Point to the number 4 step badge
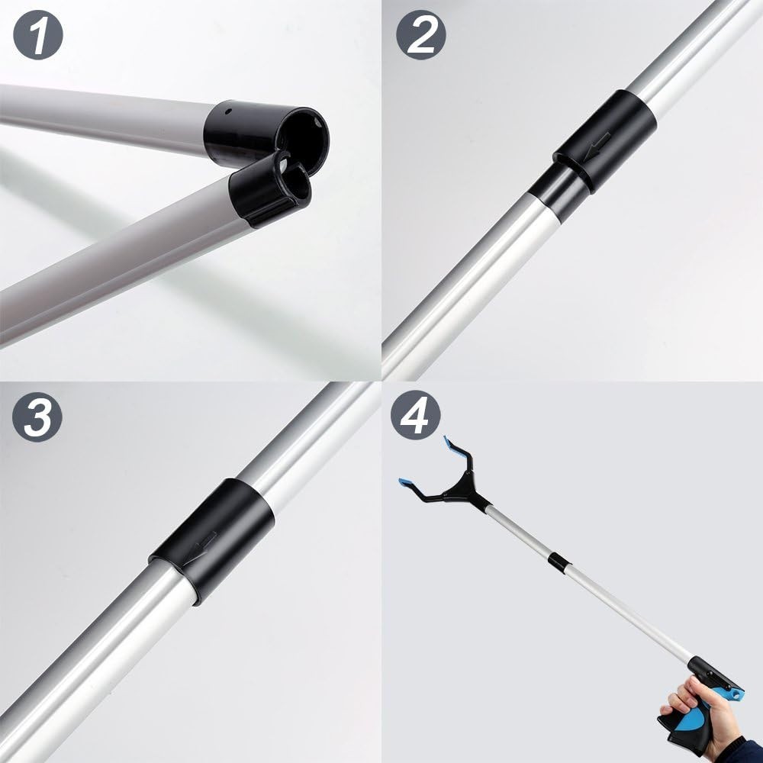click(x=416, y=417)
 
